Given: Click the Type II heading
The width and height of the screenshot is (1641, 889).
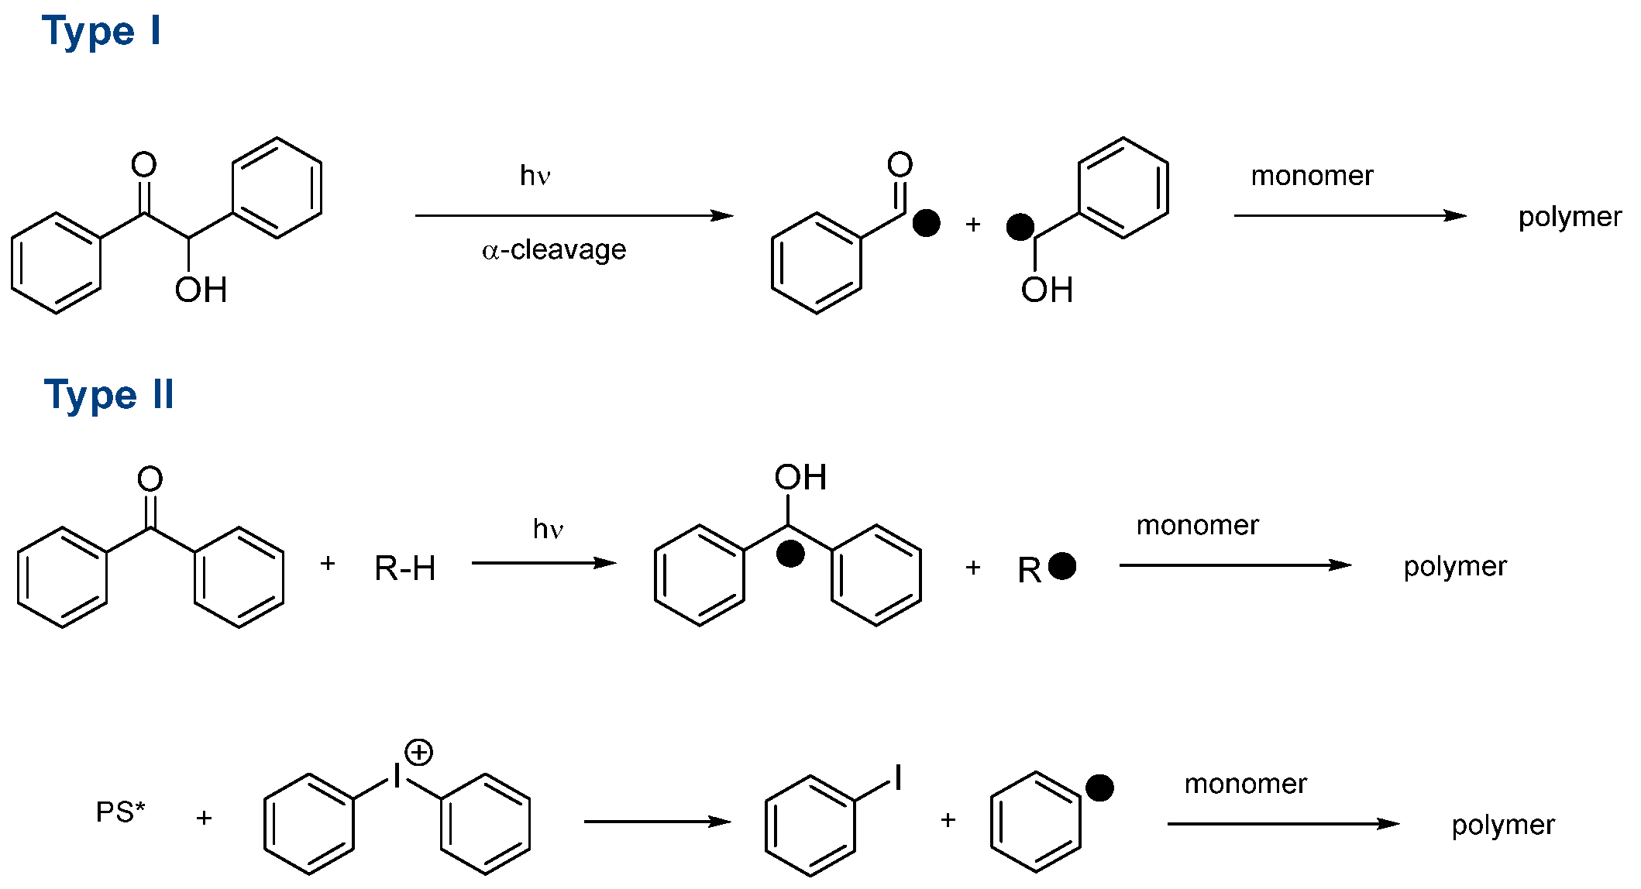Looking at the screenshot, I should point(108,396).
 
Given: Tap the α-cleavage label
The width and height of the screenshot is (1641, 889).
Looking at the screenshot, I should point(554,250).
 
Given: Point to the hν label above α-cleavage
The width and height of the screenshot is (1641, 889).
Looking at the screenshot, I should point(535,176).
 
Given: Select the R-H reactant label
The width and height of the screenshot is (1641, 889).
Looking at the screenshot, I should point(404,568).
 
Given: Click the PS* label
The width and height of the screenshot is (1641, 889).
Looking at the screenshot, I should point(120,812).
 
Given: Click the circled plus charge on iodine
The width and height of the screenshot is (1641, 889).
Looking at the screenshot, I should point(418,752).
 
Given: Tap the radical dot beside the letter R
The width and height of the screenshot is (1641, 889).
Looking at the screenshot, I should point(1061,566).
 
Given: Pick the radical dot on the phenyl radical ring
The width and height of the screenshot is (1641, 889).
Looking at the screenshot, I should point(1099,788).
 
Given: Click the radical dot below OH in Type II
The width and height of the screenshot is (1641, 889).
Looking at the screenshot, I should point(790,554).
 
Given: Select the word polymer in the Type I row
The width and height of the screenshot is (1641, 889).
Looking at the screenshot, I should point(1570,217).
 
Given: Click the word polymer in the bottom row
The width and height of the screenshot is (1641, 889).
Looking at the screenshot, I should point(1503,825).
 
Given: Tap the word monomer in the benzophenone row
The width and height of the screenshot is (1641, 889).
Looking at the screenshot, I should point(1197,525).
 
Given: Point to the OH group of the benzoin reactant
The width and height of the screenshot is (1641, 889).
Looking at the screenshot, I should point(201,290).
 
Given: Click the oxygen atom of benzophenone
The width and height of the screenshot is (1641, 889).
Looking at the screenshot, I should point(150,479).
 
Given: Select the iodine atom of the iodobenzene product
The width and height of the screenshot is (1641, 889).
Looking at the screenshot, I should point(898,777).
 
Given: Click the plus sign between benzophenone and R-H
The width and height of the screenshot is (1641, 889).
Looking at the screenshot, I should point(328,564).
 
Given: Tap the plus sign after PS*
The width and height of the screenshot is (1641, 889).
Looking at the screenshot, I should point(204,818).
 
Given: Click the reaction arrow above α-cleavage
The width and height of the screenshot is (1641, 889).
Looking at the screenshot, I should point(573,215).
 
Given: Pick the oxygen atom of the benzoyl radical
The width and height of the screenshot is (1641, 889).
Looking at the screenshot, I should point(900,164).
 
